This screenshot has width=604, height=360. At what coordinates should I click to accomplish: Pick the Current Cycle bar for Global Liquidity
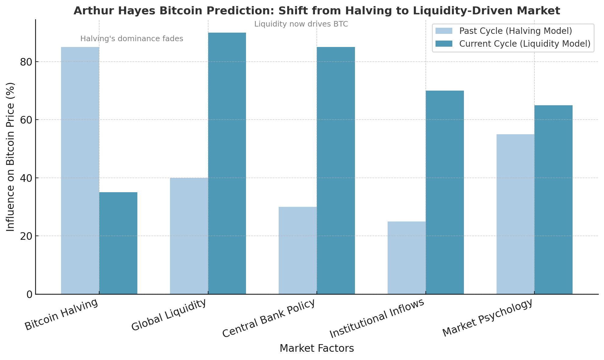(227, 163)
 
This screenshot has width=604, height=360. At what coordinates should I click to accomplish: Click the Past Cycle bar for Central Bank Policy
(298, 250)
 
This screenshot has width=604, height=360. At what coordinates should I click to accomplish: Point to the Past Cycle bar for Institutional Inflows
(407, 257)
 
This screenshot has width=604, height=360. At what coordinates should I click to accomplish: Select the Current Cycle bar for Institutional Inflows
(445, 192)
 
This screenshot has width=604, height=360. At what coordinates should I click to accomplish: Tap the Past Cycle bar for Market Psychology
(515, 214)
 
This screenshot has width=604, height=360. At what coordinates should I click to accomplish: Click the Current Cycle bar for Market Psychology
(553, 200)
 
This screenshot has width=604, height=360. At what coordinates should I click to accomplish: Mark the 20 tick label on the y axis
(27, 236)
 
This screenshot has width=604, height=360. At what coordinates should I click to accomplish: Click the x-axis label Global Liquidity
(169, 315)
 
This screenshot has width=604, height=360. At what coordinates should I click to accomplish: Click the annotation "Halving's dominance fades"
(132, 39)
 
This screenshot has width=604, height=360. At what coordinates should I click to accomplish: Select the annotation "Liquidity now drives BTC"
(301, 24)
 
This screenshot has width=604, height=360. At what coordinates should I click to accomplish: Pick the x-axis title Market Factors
(316, 348)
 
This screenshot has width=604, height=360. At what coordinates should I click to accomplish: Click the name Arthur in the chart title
(89, 11)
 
